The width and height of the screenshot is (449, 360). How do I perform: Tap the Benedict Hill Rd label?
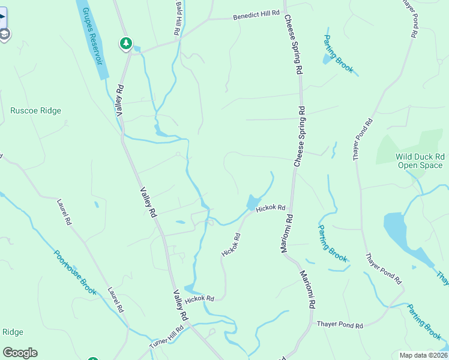click(x=257, y=16)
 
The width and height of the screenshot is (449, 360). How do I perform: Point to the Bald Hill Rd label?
click(x=178, y=17)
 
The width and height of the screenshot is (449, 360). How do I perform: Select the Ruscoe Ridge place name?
click(x=35, y=110)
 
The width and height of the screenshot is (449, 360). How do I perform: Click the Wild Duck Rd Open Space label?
click(x=419, y=161)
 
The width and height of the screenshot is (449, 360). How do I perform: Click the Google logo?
click(x=20, y=353)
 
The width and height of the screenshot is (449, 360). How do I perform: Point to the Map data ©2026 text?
click(x=423, y=355)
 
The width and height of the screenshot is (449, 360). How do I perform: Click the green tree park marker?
click(x=125, y=43)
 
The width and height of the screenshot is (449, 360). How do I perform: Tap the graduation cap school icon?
click(x=4, y=34)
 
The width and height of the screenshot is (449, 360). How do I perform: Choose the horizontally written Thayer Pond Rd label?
click(x=340, y=325)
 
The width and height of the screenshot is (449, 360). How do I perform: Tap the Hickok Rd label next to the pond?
click(x=270, y=208)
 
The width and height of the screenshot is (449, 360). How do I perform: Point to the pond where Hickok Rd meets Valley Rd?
click(x=190, y=289)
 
